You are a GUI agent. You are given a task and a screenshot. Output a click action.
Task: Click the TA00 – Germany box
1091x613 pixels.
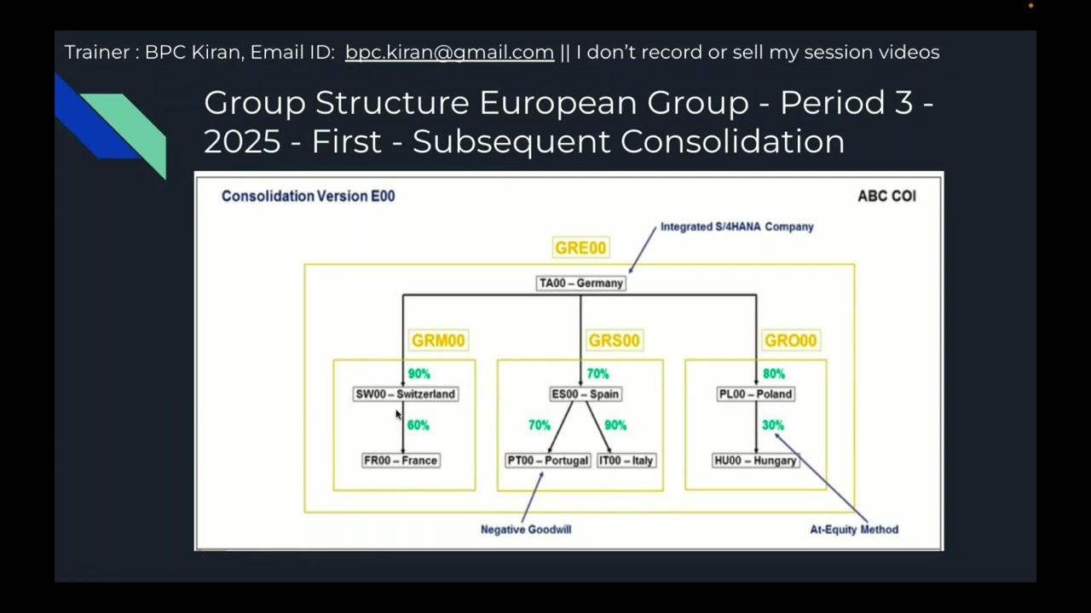tap(580, 284)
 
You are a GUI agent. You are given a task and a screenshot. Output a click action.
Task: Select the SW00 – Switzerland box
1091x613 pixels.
tap(405, 394)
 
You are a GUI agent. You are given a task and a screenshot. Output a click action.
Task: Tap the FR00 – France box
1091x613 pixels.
tap(401, 461)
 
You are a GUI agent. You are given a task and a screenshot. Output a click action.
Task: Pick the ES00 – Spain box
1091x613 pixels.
tap(585, 394)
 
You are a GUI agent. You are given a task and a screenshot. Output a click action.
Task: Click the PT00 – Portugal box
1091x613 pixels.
tap(548, 461)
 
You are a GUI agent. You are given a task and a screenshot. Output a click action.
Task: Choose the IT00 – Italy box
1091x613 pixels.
tap(626, 461)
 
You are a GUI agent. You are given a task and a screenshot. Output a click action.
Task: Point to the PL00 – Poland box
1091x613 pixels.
tap(756, 394)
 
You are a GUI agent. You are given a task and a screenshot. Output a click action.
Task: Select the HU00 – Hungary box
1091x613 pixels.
tap(756, 461)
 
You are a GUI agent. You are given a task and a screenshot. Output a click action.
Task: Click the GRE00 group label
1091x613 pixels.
tap(580, 248)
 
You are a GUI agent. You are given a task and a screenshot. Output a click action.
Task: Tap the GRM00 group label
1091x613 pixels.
tap(438, 341)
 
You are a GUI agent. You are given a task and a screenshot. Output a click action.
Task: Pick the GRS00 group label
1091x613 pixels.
tap(614, 341)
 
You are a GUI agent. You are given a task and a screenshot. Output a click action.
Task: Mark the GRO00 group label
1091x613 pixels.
tap(790, 341)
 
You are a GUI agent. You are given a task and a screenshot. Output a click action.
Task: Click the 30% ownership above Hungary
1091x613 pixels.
tap(772, 425)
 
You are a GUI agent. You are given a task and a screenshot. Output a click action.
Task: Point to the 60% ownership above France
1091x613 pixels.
tap(418, 425)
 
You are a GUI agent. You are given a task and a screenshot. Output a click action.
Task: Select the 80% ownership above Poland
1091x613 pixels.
tap(774, 374)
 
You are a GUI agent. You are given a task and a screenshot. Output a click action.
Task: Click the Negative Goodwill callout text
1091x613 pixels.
tap(526, 530)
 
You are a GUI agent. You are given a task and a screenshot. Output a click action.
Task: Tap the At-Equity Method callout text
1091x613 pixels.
tap(854, 530)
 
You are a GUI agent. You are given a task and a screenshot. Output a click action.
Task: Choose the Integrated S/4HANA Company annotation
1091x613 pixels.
tap(736, 226)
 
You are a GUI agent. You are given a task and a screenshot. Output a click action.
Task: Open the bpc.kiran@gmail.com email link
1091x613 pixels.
tap(449, 52)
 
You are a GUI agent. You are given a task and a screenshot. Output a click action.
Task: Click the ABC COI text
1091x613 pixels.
tap(886, 196)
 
